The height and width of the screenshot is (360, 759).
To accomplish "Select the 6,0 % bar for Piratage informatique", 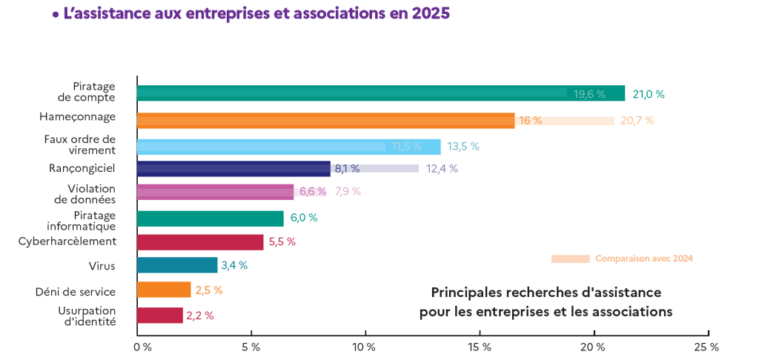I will point(211,219).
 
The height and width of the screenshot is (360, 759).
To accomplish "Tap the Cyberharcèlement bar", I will point(200,242).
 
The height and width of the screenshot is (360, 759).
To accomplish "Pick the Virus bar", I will point(177,265).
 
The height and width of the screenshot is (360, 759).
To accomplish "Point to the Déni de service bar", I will point(164,290).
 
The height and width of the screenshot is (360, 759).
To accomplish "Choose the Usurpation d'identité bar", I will point(160,316).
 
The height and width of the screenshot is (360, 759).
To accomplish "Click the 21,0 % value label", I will point(649,94).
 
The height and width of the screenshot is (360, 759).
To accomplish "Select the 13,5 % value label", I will point(463,146).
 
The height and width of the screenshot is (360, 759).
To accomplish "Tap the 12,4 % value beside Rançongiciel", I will point(442,169).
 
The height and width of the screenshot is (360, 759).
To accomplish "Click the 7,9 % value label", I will point(348,192).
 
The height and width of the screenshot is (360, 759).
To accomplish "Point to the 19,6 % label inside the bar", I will point(590,94).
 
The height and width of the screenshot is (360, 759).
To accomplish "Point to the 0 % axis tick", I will point(142,346).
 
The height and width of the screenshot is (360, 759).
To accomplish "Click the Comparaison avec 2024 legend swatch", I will point(570,259).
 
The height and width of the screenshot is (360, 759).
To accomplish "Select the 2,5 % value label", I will point(209,290).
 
